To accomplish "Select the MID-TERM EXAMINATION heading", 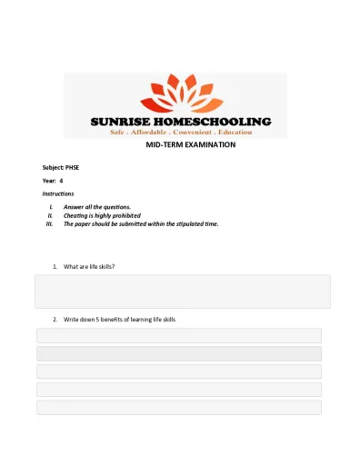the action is [x=190, y=144].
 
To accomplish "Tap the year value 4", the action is [x=61, y=181].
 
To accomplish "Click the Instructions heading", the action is [x=58, y=193].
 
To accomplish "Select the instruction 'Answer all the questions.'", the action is [x=96, y=207].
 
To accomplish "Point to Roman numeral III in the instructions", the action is [x=50, y=223].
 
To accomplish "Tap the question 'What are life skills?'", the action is [x=89, y=266].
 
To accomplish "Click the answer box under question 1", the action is [x=182, y=292].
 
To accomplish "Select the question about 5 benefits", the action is [x=119, y=320].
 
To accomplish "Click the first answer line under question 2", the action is [x=179, y=335].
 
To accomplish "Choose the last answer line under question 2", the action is [x=179, y=408].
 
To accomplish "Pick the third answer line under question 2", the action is [x=179, y=371].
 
